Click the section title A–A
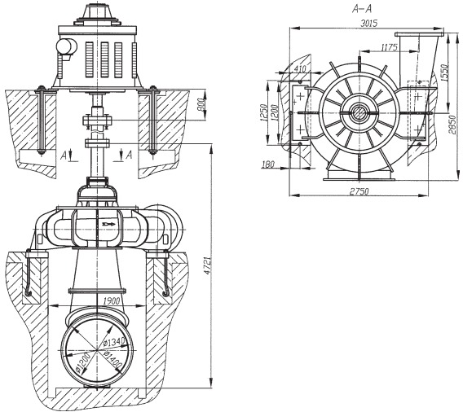pos(362,9)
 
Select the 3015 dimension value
pos(369,24)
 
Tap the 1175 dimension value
pos(390,47)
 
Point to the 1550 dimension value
pos(445,72)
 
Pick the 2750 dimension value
pos(359,191)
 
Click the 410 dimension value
pos(300,68)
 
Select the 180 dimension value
pos(268,164)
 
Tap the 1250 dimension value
pos(263,112)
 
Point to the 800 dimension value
pos(201,105)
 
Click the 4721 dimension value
pos(208,266)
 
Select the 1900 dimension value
pos(112,300)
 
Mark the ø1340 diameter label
pos(115,342)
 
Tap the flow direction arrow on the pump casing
pos(109,225)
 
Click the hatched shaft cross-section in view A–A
pos(359,113)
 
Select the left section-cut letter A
pos(64,156)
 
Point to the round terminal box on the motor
pos(67,47)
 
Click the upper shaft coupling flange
pos(97,121)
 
